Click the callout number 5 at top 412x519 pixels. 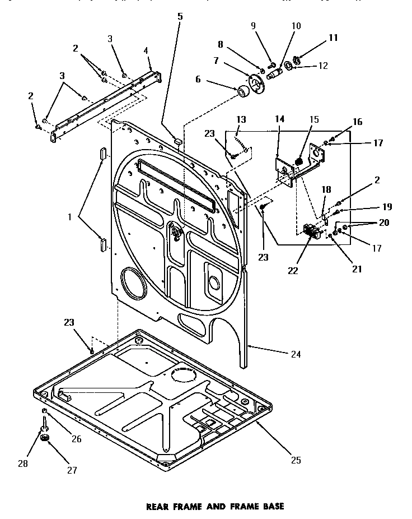180,16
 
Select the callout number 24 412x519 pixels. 296,354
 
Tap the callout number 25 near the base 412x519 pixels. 296,460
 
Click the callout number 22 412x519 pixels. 292,271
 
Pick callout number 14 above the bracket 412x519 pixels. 279,119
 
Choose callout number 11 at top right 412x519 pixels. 333,38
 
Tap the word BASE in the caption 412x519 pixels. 271,506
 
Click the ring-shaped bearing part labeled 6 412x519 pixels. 244,91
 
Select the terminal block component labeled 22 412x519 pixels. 310,230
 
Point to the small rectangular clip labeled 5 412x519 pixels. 177,141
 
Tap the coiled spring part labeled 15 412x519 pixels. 298,163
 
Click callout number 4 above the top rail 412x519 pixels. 146,50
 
